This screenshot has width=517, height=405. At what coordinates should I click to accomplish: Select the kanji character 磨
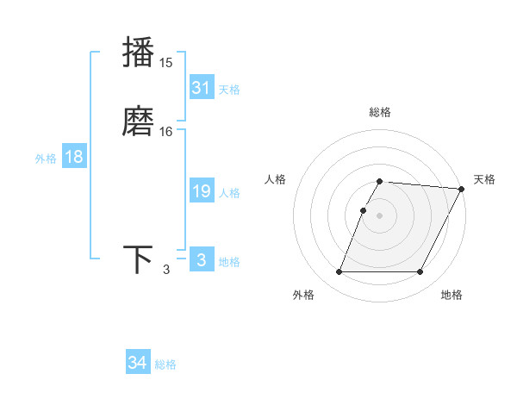[139, 120]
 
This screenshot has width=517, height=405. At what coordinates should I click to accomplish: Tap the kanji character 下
[139, 259]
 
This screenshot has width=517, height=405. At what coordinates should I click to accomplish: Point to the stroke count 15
[166, 63]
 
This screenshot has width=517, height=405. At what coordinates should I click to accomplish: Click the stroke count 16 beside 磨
[166, 132]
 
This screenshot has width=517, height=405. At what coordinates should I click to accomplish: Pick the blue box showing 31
[202, 88]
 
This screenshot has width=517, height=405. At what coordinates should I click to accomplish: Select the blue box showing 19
[202, 191]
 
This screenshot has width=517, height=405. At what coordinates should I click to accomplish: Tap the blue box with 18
[74, 157]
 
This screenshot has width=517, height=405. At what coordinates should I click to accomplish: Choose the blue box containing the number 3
[202, 260]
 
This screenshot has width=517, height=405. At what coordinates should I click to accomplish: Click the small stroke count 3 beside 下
[166, 271]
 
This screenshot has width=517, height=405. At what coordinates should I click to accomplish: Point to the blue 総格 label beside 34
[166, 364]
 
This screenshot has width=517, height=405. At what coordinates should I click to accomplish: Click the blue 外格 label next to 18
[46, 159]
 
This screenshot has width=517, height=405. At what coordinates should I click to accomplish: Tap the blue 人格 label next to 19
[230, 193]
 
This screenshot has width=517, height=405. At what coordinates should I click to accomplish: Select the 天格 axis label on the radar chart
[484, 179]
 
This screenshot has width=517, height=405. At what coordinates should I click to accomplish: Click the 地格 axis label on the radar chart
[452, 295]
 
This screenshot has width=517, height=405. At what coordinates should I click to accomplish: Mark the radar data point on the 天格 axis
[462, 189]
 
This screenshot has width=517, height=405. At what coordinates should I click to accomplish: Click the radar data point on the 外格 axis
[339, 272]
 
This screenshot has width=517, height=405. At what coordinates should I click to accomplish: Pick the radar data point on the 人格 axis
[364, 210]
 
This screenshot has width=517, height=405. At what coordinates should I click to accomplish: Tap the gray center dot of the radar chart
[380, 215]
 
